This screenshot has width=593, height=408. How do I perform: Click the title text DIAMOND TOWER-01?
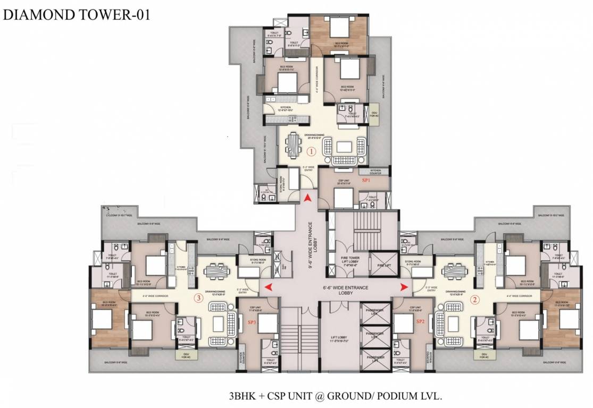point(77,14)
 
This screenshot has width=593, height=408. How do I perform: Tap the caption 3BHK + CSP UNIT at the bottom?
point(336,396)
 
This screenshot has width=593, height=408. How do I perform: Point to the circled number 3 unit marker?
point(198,298)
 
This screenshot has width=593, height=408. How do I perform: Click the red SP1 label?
point(366,181)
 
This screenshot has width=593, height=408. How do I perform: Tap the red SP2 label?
point(420,321)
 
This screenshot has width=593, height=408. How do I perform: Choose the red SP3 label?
point(252,322)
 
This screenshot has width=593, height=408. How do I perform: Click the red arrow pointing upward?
point(307,198)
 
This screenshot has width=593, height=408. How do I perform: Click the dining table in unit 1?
point(294,143)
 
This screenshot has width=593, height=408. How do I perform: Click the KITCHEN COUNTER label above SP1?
point(374,171)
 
